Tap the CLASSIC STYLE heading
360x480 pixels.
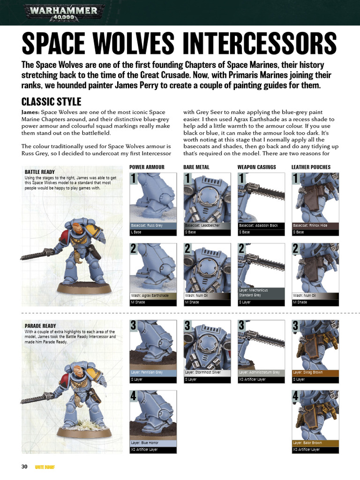[x=52, y=102]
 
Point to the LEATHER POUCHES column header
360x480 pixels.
[x=311, y=167]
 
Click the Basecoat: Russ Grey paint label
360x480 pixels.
[x=147, y=225]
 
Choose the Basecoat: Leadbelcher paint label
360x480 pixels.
[x=202, y=225]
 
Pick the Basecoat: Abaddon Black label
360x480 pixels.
[x=258, y=225]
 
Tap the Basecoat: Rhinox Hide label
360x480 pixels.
[x=310, y=225]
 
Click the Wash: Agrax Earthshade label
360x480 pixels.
[x=150, y=296]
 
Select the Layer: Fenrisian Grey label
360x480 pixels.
[x=147, y=372]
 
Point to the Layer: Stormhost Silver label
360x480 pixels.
[x=203, y=372]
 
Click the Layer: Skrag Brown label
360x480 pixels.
[x=308, y=372]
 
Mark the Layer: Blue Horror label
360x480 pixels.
[x=145, y=442]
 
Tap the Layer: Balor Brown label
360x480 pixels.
[x=307, y=442]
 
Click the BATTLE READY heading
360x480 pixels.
[x=40, y=172]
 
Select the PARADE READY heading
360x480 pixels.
[x=40, y=326]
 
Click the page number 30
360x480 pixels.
[x=25, y=467]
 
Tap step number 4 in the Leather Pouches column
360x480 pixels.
[x=295, y=397]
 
